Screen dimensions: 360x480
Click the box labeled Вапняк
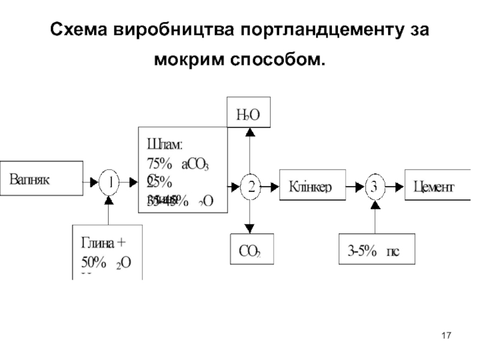point(41,178)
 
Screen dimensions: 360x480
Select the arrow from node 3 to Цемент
point(395,187)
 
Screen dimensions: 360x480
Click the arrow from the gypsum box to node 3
point(374,217)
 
